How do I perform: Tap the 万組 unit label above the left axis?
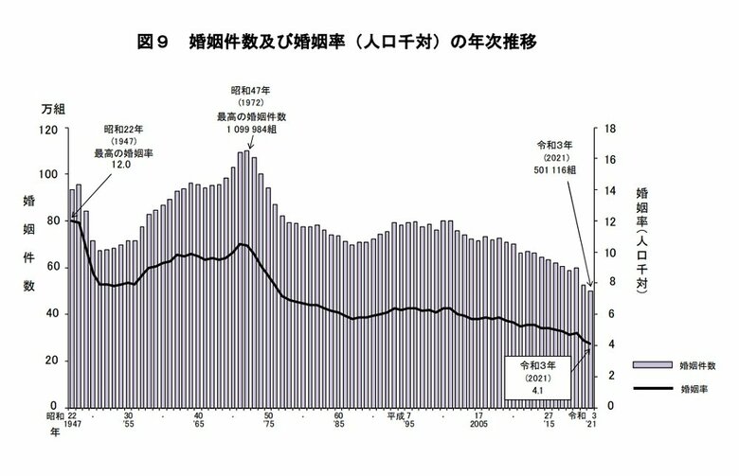click(53, 111)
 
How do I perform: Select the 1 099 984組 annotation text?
click(244, 129)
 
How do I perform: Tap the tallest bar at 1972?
click(247, 274)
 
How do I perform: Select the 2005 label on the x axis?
click(479, 426)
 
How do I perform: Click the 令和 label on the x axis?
click(576, 415)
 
